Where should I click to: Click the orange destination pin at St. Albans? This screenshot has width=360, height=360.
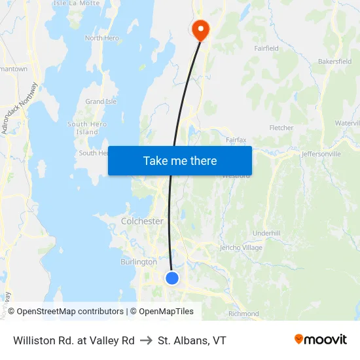pos(200,29)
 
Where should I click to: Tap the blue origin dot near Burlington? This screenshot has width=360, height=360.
pos(172,278)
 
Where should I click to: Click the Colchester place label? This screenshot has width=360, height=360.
pos(142,221)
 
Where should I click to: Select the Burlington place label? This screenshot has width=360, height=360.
pos(139,262)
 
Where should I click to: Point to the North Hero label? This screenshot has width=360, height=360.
pos(102,38)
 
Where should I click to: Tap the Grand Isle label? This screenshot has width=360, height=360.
pos(101,101)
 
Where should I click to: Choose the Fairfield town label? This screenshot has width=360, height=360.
pos(266,48)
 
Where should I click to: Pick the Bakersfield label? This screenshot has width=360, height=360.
pos(334,61)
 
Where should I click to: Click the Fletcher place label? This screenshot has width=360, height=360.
pos(281,128)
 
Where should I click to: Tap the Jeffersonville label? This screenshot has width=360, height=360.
pos(321,154)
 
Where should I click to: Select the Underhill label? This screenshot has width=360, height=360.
pos(266,233)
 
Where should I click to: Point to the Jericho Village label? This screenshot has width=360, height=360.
pos(242,247)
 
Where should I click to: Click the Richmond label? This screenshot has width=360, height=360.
pos(243,314)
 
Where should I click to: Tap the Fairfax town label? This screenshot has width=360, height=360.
pos(236,139)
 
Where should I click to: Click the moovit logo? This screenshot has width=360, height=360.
pos(321,339)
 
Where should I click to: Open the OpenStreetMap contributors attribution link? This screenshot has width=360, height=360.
pos(70,312)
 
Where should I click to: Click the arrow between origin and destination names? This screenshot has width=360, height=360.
pos(146,340)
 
